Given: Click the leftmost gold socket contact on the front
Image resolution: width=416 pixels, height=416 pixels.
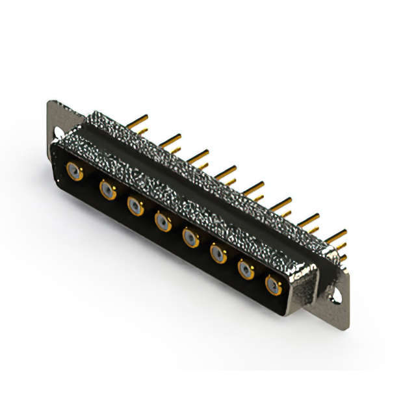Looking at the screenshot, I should click(x=75, y=172).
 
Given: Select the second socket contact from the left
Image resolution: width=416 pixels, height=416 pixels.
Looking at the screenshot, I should click(x=107, y=189).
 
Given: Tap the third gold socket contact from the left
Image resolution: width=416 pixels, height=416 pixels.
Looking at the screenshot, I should click(x=135, y=207).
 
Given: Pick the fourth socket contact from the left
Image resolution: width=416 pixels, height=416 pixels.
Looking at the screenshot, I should click(x=163, y=223).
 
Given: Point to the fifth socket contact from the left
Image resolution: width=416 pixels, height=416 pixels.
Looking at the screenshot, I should click(x=191, y=238).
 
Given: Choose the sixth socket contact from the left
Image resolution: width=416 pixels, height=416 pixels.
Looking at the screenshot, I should click(x=218, y=253).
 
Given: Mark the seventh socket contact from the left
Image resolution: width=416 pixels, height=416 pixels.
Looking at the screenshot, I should click(x=246, y=269).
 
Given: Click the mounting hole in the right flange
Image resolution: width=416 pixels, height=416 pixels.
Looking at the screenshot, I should click(x=335, y=296).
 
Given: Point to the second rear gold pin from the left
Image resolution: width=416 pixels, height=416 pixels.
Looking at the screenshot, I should click(x=170, y=138).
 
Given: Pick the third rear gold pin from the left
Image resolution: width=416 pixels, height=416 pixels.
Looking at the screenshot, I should click(x=199, y=155).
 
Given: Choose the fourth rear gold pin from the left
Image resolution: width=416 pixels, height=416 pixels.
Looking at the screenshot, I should click(x=226, y=171).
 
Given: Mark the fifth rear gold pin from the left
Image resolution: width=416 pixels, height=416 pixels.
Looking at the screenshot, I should click(x=254, y=187).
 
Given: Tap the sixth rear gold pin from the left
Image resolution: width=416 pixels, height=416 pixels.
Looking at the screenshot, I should click(x=281, y=203).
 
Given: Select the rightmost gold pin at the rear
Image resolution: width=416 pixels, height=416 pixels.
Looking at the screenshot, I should click(x=336, y=234).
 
